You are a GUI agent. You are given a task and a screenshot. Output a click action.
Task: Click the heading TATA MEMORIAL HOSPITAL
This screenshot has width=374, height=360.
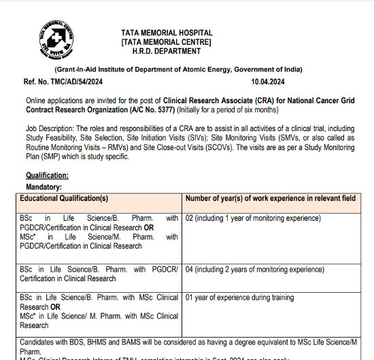tap(167, 33)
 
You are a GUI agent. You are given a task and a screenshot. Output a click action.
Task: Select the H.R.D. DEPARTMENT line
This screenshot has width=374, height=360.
tap(167, 53)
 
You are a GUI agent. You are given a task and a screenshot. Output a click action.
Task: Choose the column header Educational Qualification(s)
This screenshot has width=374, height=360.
tap(64, 198)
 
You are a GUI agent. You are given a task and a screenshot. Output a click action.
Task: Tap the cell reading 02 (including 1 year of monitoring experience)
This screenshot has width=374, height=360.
tap(253, 218)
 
